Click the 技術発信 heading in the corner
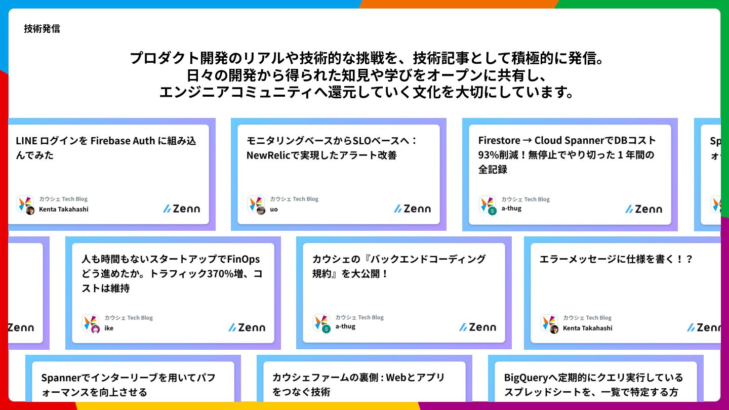pos(42,29)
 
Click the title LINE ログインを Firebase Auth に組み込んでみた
pos(105,148)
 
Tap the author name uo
pos(274,209)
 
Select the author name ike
pos(109,328)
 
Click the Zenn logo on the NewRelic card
pos(413,209)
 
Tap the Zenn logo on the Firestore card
pos(643,209)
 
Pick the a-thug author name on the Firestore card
pos(511,209)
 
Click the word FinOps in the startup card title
pos(243,259)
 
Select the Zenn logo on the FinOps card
pos(247,327)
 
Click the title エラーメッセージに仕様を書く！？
pos(616,259)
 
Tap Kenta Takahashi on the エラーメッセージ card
pos(587,328)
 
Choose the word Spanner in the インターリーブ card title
pos(61,378)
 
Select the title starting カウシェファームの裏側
pos(358,385)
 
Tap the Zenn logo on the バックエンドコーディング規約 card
pos(477,327)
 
